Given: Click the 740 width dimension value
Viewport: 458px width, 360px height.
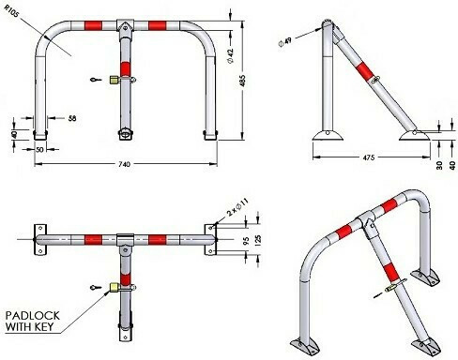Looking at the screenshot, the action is (x=125, y=164).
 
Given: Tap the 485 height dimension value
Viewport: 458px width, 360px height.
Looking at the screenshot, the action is (x=242, y=81).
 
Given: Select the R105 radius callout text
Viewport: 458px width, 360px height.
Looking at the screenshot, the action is (x=11, y=11).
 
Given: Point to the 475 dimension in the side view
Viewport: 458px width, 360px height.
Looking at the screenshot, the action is (x=368, y=157).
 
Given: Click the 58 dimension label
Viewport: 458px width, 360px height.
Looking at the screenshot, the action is (x=72, y=118).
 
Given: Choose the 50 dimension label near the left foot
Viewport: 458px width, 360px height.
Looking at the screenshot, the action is (x=39, y=150).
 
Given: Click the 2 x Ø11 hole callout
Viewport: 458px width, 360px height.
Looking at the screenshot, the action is (x=237, y=207).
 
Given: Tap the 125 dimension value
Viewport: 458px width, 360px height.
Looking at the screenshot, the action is (x=258, y=240).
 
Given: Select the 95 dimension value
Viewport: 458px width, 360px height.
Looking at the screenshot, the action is (x=246, y=240).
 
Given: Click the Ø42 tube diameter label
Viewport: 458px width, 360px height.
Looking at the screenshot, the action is (x=231, y=56).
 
